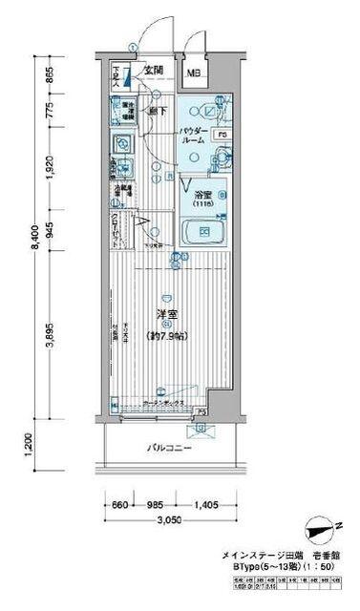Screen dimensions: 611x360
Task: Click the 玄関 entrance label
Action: point(153,70)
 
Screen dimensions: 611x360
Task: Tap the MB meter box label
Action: point(194,72)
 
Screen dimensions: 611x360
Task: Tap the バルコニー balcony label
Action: point(165,447)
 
